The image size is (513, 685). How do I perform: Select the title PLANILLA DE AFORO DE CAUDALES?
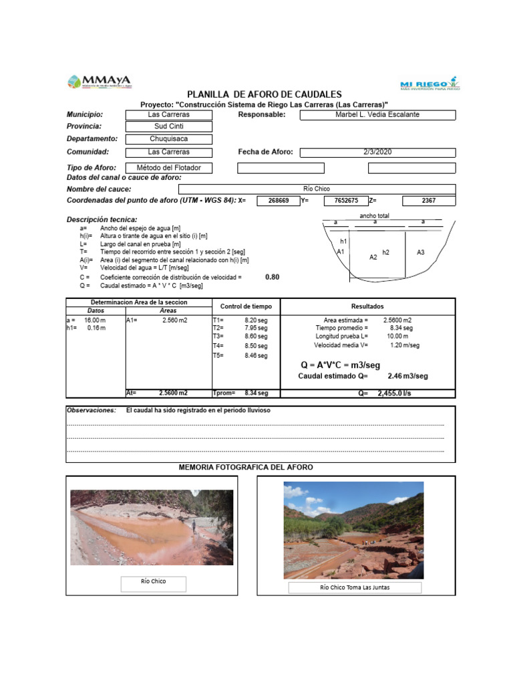click(264, 94)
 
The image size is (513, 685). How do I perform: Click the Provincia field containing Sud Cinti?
click(169, 126)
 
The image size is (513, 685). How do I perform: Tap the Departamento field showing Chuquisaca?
click(169, 139)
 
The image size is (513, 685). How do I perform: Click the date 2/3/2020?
click(377, 152)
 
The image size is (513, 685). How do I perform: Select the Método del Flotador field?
click(169, 168)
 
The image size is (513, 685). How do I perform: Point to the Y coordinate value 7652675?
click(345, 201)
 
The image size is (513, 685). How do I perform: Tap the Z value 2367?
click(429, 201)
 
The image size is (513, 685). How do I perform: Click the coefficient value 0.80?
click(273, 276)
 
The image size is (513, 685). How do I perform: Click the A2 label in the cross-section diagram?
click(373, 257)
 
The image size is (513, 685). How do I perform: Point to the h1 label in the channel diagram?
click(343, 241)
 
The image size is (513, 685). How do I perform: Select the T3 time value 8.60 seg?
click(256, 336)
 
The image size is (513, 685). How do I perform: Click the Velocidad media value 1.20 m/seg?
click(405, 345)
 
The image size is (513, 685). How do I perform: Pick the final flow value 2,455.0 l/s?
click(394, 394)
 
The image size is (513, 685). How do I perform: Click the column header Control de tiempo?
click(246, 306)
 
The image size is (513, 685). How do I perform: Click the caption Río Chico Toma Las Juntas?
click(355, 588)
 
